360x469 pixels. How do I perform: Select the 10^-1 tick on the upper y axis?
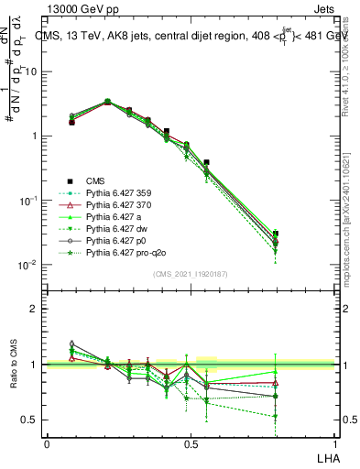(x=27, y=201)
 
